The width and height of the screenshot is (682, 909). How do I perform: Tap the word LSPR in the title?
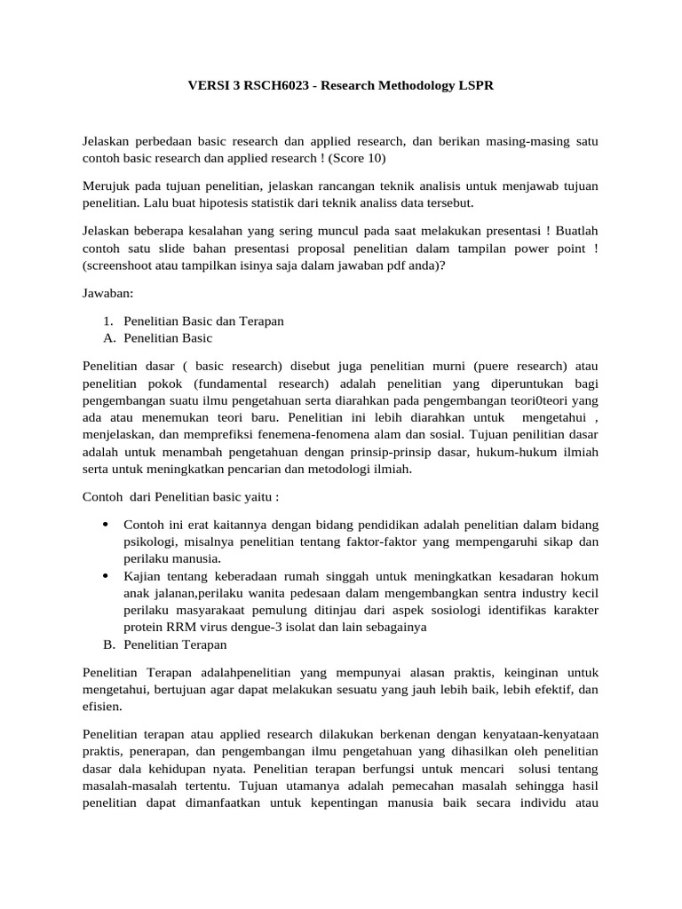(473, 86)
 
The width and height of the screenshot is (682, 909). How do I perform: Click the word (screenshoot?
(122, 265)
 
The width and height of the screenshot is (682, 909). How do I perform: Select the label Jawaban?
(107, 294)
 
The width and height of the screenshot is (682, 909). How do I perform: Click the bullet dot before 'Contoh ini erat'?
(107, 524)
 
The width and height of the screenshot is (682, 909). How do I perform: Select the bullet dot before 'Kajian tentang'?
(107, 575)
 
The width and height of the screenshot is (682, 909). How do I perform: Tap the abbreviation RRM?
(180, 627)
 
